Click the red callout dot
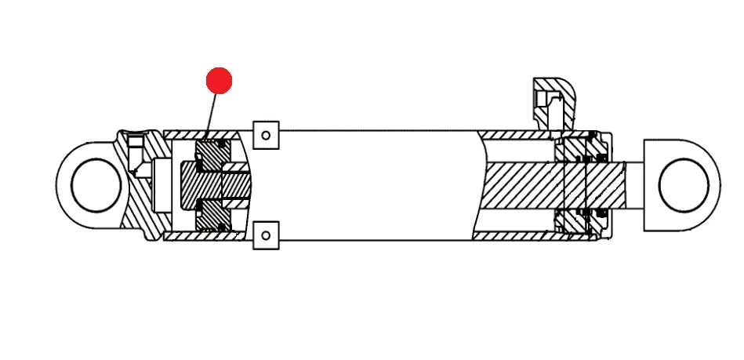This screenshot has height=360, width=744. (x=219, y=80)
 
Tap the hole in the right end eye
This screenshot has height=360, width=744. (x=684, y=187)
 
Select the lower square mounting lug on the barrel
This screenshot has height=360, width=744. (x=267, y=234)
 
